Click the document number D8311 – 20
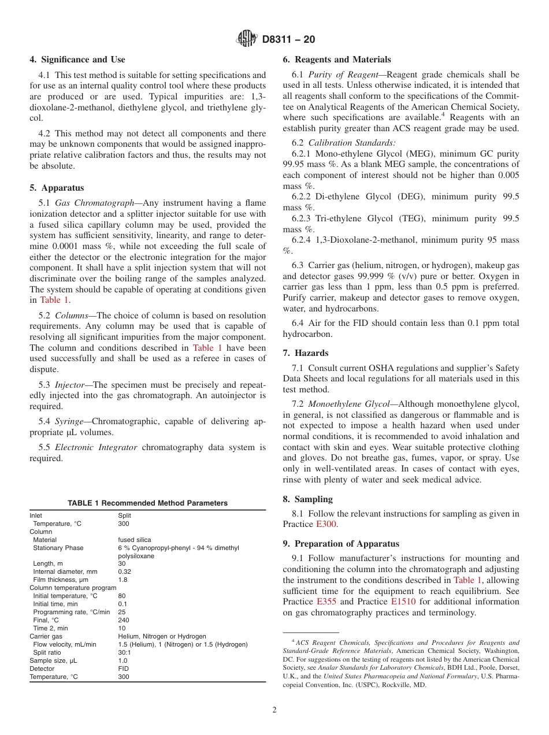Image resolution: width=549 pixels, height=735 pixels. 288,40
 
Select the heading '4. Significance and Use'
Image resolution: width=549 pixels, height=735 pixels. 77,60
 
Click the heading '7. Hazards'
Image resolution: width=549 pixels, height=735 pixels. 305,353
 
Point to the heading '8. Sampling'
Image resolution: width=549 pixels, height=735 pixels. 307,499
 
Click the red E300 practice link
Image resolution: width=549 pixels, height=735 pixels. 325,524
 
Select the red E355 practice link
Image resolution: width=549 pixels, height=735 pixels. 327,602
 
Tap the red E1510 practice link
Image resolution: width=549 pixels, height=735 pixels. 403,602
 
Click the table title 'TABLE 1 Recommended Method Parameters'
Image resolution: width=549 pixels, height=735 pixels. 147,503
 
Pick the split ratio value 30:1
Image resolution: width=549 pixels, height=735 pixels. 123,652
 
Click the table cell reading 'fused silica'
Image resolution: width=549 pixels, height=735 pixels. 135,540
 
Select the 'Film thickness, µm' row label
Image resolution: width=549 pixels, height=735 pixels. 62,580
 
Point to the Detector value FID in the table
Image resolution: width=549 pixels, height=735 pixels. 123,669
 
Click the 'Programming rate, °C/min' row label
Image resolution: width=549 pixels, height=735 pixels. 71,612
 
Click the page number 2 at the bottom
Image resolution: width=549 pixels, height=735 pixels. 274,710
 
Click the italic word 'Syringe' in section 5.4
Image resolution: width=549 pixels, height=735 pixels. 68,421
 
